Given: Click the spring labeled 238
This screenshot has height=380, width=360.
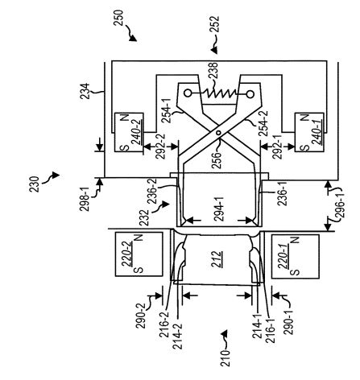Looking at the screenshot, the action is click(219, 93).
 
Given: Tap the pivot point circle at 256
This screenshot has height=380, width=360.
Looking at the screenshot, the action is click(219, 133).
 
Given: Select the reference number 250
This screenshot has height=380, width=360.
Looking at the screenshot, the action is click(118, 18).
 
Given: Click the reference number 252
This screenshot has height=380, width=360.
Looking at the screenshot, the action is click(215, 25).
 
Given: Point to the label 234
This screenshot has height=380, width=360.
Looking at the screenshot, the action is click(85, 92).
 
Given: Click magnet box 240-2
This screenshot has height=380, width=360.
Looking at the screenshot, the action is click(129, 133).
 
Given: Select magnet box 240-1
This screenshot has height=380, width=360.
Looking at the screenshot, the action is click(309, 133).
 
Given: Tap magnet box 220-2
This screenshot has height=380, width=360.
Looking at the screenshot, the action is click(139, 254).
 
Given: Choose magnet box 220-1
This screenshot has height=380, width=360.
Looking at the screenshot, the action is click(296, 256).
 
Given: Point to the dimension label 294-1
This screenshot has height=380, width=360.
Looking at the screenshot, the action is click(219, 209).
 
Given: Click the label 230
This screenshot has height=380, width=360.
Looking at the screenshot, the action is click(35, 184).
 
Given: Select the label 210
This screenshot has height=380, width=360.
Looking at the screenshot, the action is click(226, 358).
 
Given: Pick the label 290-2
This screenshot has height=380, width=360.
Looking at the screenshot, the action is click(140, 316).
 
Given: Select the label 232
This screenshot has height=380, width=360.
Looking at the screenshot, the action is click(144, 217).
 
